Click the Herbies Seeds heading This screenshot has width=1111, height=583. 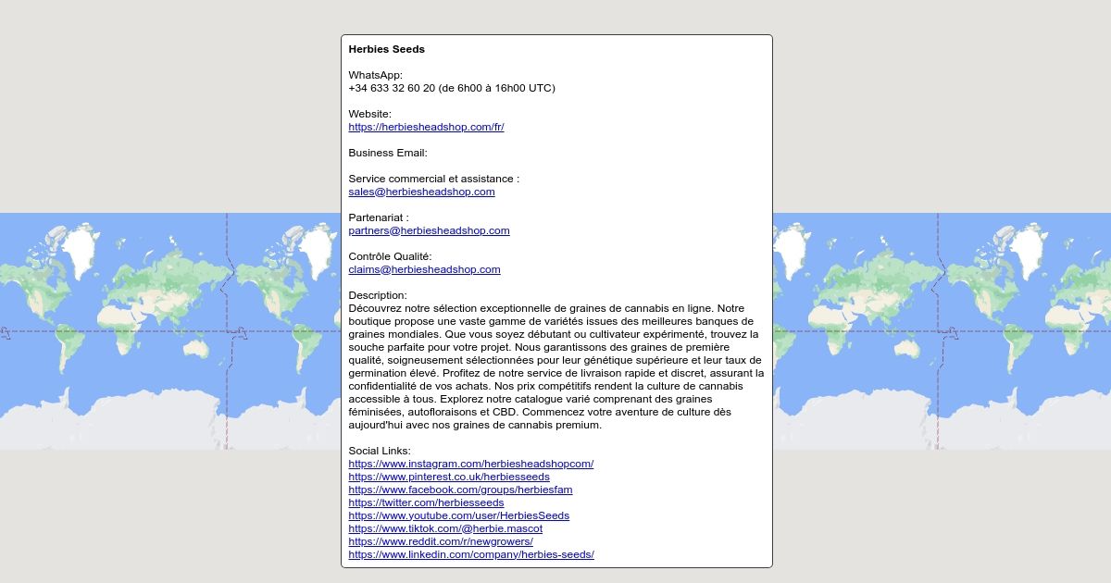point(386,49)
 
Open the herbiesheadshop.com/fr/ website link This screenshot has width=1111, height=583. point(426,127)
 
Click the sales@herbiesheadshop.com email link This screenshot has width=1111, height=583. point(421,192)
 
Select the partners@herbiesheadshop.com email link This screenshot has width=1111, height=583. point(429,230)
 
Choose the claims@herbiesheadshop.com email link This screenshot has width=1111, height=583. point(424,269)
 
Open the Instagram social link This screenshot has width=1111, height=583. point(470,464)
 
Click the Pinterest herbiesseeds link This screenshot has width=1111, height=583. point(449,477)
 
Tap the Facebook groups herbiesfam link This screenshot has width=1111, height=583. point(460,490)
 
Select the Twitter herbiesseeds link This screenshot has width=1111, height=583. point(426,502)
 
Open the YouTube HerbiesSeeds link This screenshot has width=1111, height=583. point(458,515)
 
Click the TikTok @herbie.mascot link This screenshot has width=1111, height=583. point(445,528)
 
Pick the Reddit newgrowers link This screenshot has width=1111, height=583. point(441,541)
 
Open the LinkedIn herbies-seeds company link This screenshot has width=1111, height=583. point(471,554)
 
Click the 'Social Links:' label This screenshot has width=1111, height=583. point(380,451)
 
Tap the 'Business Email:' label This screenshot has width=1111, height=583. point(388,153)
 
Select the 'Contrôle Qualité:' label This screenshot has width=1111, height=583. point(390,256)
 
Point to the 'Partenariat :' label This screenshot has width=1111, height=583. point(379,217)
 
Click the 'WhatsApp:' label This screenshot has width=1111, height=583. point(376,75)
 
